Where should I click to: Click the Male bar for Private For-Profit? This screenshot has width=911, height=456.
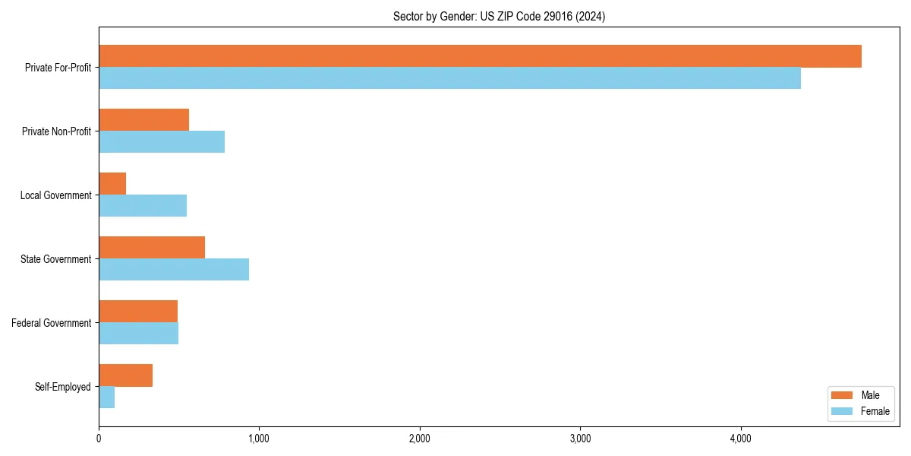[480, 56]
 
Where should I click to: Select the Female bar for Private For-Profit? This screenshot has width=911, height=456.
[449, 78]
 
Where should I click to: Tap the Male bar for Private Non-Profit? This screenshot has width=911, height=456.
[143, 120]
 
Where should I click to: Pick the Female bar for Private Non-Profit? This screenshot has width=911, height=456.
[162, 142]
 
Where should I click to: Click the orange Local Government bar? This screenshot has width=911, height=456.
[112, 184]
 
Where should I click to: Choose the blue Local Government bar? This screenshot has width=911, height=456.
[143, 206]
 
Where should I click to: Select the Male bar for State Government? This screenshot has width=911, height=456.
[152, 248]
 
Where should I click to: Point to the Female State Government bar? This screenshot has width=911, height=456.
[174, 270]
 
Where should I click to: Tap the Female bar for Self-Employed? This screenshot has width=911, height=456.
[107, 397]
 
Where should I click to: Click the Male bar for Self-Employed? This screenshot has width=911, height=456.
[125, 375]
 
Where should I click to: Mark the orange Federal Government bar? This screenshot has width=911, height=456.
[138, 312]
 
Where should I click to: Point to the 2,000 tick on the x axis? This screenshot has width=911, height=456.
[420, 439]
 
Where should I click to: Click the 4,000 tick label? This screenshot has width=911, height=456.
[740, 439]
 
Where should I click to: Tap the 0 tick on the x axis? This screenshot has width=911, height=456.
[99, 439]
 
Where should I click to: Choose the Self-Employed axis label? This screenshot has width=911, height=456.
[63, 387]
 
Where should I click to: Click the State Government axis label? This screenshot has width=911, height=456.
[55, 259]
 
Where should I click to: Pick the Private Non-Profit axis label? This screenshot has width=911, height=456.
[56, 131]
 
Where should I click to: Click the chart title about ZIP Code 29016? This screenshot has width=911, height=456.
[499, 16]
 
